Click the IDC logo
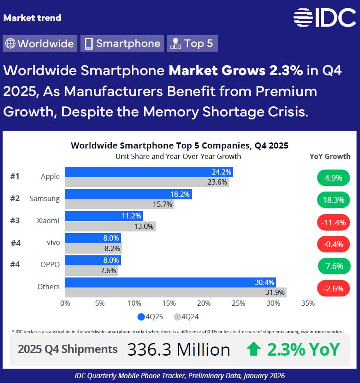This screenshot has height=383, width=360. click(324, 17)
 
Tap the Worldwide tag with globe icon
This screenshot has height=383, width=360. click(40, 43)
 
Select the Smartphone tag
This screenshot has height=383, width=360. click(122, 43)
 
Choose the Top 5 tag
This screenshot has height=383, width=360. click(192, 43)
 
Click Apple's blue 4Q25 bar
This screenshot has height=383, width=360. click(148, 172)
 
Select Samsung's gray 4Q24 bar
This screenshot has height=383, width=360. click(119, 204)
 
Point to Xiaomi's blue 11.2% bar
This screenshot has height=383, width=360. click(103, 216)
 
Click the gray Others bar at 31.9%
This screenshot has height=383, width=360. click(175, 293)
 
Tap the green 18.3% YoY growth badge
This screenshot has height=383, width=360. click(333, 200)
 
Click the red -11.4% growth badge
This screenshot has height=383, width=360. click(333, 222)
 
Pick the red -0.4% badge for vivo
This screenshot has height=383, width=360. click(333, 244)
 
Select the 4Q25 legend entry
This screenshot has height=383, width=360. click(150, 317)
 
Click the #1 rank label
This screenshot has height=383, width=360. click(15, 176)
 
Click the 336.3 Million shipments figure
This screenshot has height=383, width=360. click(178, 350)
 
